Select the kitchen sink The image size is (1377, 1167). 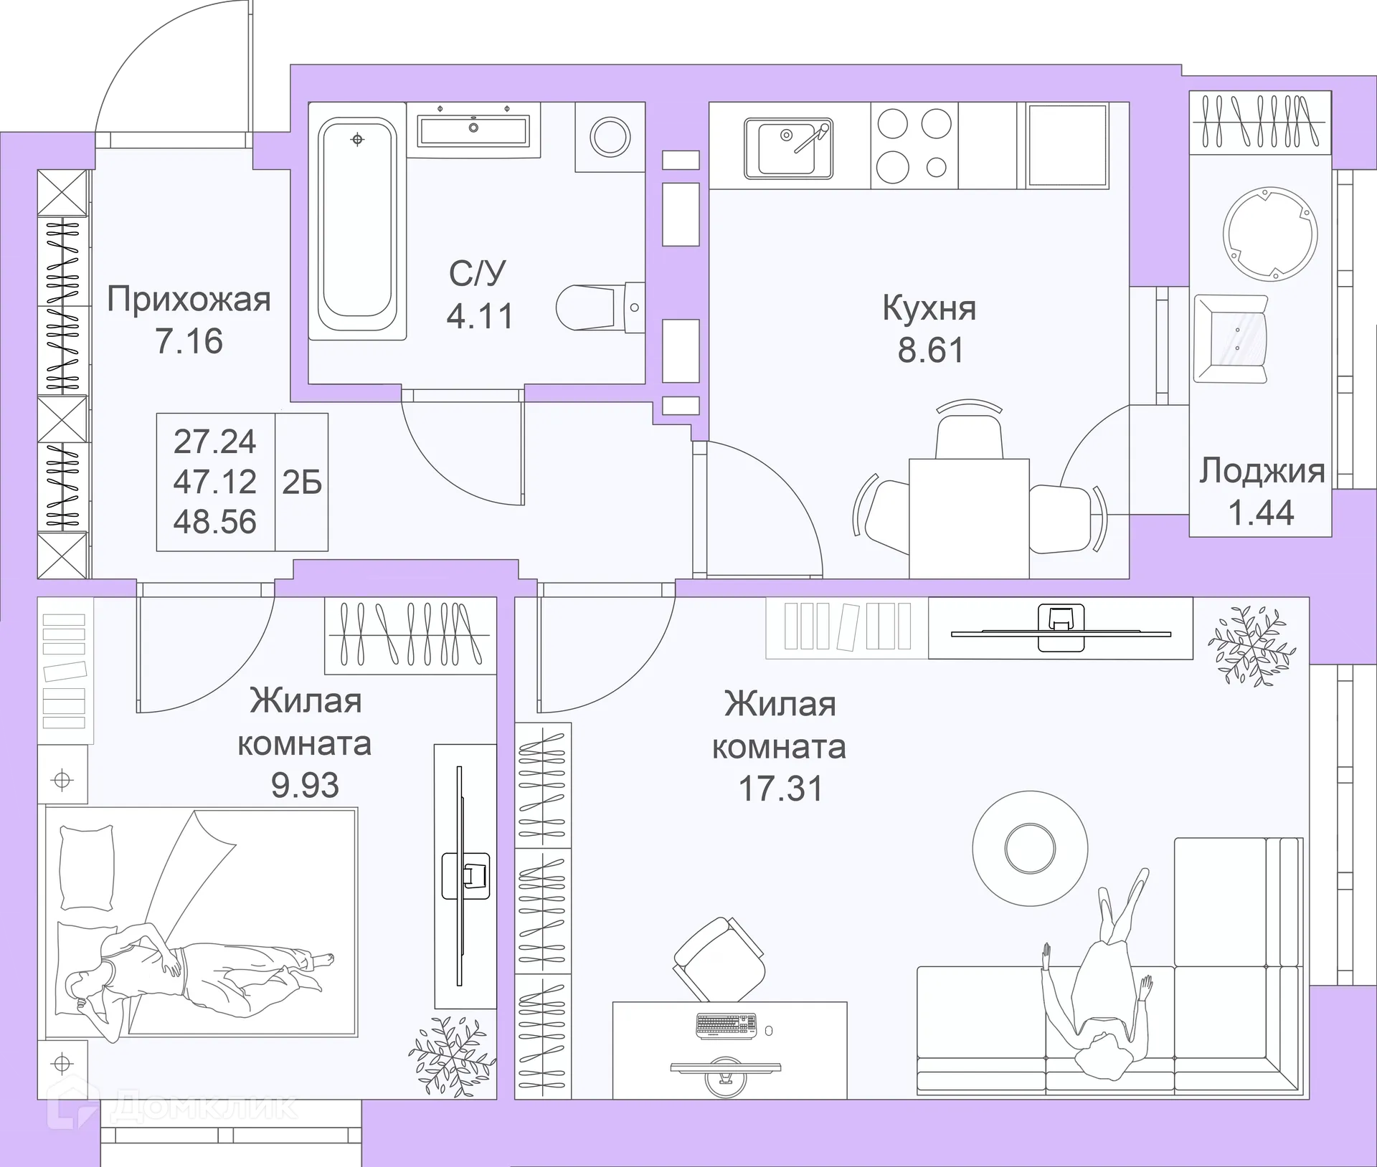788,148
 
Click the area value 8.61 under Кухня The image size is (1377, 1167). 931,350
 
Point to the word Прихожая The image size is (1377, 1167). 189,299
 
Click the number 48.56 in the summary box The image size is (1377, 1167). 214,521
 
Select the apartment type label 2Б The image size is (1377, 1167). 302,482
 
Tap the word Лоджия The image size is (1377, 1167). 1262,471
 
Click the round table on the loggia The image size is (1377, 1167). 1270,233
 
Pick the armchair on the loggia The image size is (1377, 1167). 1231,339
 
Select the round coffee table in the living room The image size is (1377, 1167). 1030,848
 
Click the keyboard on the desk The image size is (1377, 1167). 727,1026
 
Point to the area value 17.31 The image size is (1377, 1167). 781,789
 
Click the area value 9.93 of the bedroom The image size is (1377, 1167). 305,785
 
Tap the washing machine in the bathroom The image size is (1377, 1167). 610,137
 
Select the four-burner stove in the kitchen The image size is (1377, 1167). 914,146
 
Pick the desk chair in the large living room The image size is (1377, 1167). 719,959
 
